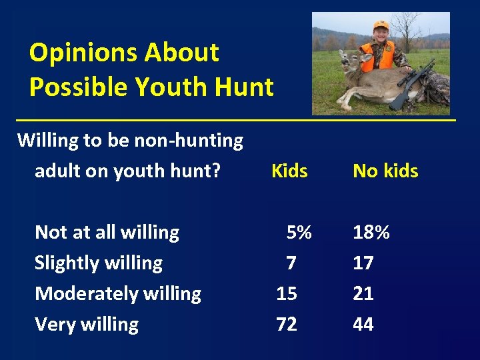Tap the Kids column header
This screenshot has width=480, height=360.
[x=289, y=171]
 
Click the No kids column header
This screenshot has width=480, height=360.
[x=385, y=171]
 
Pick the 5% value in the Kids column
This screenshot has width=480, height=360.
[x=299, y=233]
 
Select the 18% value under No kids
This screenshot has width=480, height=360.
[x=371, y=233]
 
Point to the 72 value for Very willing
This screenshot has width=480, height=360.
[x=287, y=325]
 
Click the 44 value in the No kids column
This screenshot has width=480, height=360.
[x=363, y=325]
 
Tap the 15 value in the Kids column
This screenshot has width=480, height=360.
[x=287, y=294]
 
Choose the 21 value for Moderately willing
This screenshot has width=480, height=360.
[x=363, y=294]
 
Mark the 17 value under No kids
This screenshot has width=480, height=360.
[x=363, y=263]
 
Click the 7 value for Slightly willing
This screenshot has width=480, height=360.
[x=291, y=263]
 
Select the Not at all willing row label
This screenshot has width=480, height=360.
[x=107, y=233]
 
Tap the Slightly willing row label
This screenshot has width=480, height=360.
[x=99, y=263]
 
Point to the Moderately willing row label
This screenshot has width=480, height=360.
[x=118, y=294]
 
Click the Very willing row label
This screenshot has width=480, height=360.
[x=87, y=325]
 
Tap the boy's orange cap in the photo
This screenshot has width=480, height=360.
[x=381, y=26]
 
